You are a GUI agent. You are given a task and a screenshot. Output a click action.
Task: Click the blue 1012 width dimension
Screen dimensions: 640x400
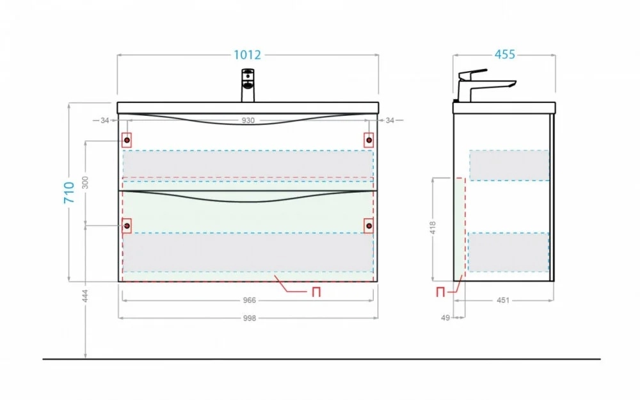pyautogui.click(x=247, y=54)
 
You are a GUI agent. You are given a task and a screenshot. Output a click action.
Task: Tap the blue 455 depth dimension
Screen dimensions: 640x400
pyautogui.click(x=505, y=54)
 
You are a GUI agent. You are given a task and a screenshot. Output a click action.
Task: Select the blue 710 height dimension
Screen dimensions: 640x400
pyautogui.click(x=69, y=192)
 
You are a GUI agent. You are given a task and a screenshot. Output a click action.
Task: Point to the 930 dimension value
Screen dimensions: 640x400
pyautogui.click(x=248, y=120)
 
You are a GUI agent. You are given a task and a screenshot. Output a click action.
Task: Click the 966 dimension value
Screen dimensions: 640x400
pyautogui.click(x=250, y=300)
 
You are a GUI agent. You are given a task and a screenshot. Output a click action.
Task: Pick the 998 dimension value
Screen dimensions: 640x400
pyautogui.click(x=250, y=318)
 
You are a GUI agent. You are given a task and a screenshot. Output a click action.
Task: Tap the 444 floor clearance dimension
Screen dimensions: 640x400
pyautogui.click(x=85, y=296)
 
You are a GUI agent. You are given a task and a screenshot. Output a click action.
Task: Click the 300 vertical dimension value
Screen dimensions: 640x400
pyautogui.click(x=85, y=182)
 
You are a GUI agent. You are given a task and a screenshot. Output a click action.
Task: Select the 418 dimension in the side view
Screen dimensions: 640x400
pyautogui.click(x=433, y=228)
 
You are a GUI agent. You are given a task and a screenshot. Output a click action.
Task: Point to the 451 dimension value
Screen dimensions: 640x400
pyautogui.click(x=503, y=300)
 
